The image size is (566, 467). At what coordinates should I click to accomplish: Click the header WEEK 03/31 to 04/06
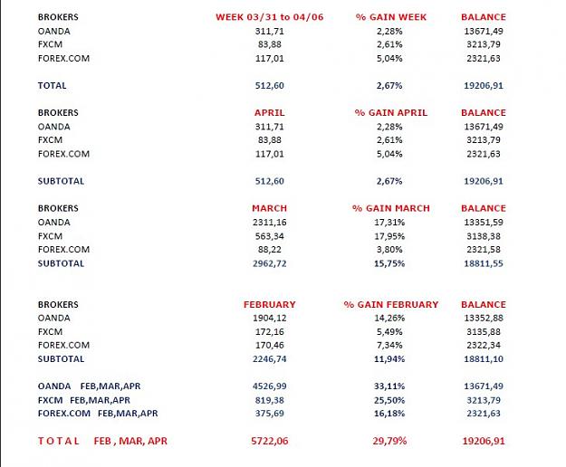click(x=269, y=17)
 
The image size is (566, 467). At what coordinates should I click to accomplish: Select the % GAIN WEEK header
click(x=391, y=17)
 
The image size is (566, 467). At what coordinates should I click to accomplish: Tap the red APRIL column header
click(x=269, y=112)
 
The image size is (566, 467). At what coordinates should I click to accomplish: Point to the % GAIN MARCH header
click(x=391, y=208)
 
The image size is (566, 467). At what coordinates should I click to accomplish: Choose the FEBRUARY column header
click(x=269, y=304)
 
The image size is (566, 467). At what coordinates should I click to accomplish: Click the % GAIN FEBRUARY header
click(x=391, y=304)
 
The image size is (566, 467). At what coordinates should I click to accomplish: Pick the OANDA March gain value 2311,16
click(x=269, y=222)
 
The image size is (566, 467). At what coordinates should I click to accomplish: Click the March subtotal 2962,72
click(x=269, y=263)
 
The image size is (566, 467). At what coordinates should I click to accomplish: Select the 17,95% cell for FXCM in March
click(x=389, y=236)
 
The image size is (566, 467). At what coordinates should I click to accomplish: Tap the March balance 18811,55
click(x=484, y=263)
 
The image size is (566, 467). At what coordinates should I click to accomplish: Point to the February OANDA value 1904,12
click(x=269, y=318)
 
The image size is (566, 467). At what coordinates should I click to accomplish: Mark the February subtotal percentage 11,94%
click(x=389, y=358)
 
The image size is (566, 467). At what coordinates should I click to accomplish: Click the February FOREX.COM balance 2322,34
click(x=484, y=345)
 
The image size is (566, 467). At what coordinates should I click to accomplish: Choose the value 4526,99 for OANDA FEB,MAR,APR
click(x=269, y=386)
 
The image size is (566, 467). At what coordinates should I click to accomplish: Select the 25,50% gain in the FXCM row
click(x=389, y=400)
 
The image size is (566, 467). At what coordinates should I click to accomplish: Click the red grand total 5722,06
click(x=269, y=441)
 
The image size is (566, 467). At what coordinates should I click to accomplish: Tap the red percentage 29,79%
click(x=389, y=441)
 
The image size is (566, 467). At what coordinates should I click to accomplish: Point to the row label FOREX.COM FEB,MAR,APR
click(x=98, y=414)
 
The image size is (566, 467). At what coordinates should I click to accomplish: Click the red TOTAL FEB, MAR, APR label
click(x=102, y=441)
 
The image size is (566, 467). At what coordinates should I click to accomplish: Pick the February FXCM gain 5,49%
click(x=389, y=331)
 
